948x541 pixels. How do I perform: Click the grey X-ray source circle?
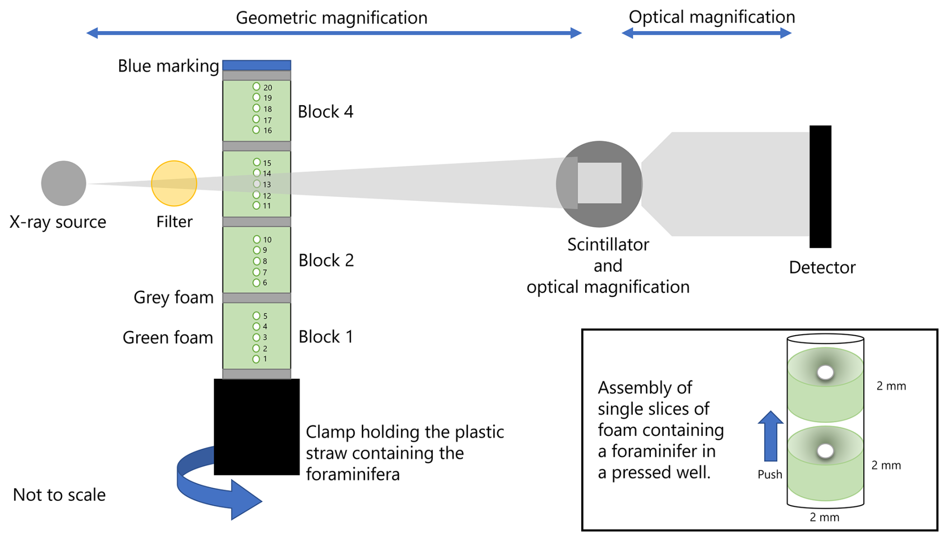tap(64, 183)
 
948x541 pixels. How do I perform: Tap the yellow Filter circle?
tap(174, 183)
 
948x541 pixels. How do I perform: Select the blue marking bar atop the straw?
tap(257, 65)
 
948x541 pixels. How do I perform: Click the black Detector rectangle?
tap(820, 186)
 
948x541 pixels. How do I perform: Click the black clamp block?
tap(257, 426)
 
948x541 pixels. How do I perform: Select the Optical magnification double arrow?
tap(706, 34)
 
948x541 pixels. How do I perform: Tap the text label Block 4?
tap(326, 112)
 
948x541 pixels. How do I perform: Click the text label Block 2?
tap(326, 260)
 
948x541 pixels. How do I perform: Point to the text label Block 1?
tap(326, 337)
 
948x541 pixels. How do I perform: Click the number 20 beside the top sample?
tap(268, 88)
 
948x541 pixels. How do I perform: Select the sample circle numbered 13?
tap(257, 184)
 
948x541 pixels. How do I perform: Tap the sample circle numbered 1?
tap(256, 359)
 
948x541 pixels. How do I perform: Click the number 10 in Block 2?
tap(267, 240)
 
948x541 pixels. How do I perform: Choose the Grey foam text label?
tap(173, 298)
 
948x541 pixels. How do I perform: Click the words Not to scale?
tap(59, 495)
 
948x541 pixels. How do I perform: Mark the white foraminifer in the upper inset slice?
tap(825, 372)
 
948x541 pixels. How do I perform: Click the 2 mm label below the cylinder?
tap(824, 517)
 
